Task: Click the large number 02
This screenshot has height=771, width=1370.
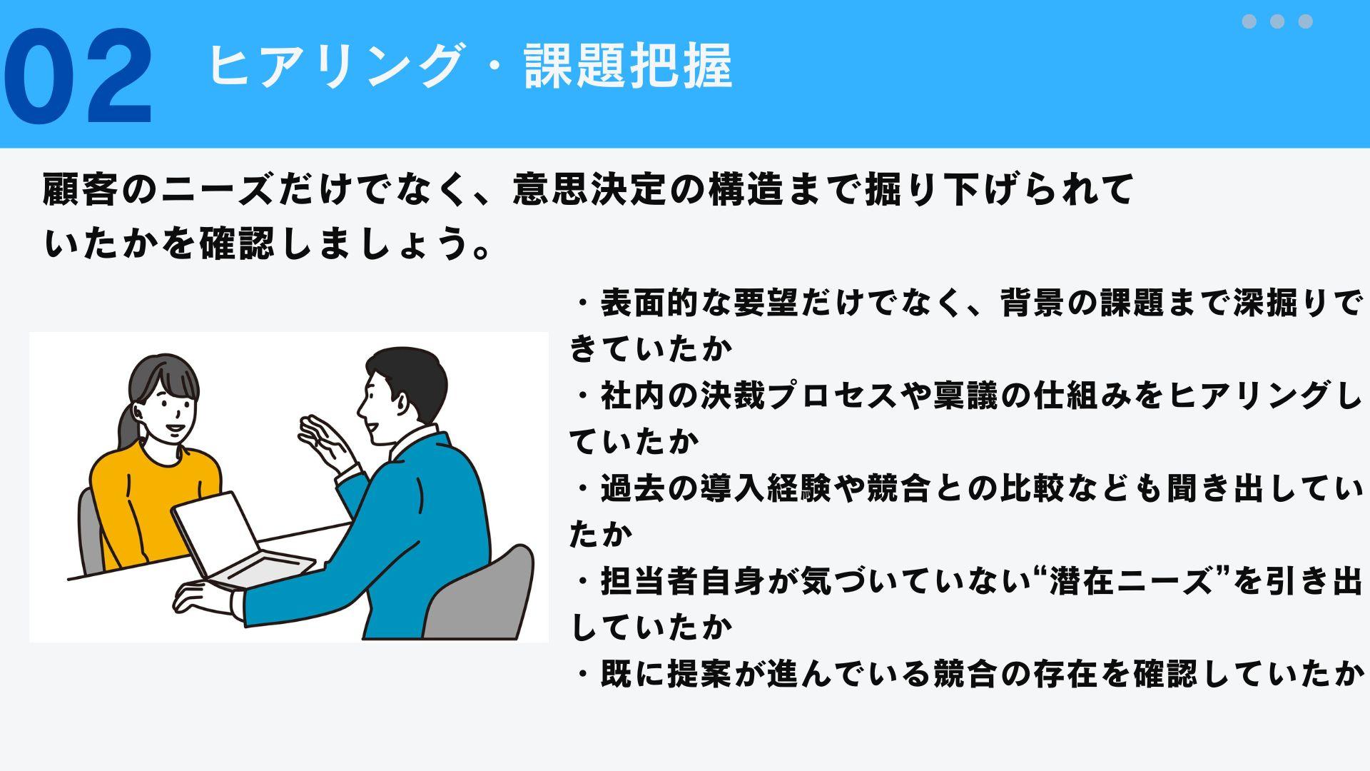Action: pos(78,77)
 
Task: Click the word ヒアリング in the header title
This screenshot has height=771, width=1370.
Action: pos(335,66)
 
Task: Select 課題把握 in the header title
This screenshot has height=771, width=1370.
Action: pos(628,66)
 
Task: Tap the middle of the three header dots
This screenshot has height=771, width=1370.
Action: pos(1277,21)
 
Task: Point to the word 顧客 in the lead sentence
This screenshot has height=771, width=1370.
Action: pos(81,190)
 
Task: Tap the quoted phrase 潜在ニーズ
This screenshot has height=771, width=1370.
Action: pos(1131,581)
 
